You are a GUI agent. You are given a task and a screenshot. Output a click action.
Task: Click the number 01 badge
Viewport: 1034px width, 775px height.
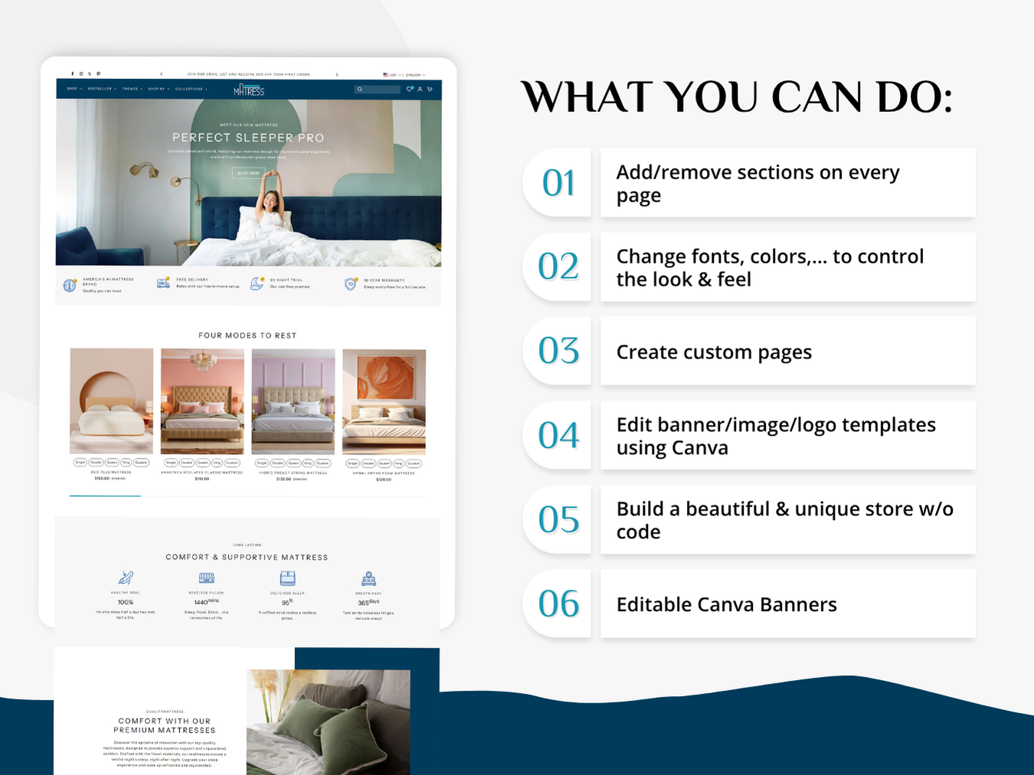pyautogui.click(x=558, y=183)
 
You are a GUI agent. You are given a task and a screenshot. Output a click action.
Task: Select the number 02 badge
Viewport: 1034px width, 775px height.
pyautogui.click(x=558, y=267)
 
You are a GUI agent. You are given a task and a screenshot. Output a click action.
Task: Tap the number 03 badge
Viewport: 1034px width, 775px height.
pyautogui.click(x=558, y=352)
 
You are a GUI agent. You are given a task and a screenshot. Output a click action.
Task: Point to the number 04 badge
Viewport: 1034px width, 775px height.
pyautogui.click(x=558, y=436)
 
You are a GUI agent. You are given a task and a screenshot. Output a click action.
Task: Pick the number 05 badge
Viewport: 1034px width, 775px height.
pyautogui.click(x=558, y=520)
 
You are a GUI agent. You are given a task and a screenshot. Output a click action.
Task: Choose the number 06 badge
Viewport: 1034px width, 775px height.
pyautogui.click(x=558, y=604)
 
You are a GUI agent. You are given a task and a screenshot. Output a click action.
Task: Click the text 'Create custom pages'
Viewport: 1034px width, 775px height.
pyautogui.click(x=714, y=352)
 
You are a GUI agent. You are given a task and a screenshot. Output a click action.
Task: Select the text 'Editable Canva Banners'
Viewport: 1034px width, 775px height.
pyautogui.click(x=726, y=605)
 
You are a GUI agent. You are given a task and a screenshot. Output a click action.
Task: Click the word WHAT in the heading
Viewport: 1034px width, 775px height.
pyautogui.click(x=586, y=98)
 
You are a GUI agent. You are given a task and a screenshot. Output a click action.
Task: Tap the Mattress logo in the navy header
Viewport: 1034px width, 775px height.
pyautogui.click(x=249, y=90)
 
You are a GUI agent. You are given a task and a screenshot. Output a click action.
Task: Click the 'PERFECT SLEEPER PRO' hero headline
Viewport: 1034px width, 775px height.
pyautogui.click(x=248, y=138)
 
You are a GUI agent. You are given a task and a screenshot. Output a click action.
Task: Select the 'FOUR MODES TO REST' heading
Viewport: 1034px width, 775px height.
pyautogui.click(x=247, y=335)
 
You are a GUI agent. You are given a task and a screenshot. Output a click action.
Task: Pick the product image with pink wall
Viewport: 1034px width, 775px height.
pyautogui.click(x=202, y=401)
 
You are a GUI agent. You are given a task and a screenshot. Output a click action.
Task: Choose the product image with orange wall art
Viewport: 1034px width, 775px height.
pyautogui.click(x=384, y=401)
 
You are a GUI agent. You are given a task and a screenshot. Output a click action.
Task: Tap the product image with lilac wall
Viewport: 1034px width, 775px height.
pyautogui.click(x=293, y=401)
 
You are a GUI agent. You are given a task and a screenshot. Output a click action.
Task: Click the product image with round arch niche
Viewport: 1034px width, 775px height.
pyautogui.click(x=112, y=401)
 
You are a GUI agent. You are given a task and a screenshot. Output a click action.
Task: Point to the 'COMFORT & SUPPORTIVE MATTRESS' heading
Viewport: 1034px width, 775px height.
pyautogui.click(x=247, y=558)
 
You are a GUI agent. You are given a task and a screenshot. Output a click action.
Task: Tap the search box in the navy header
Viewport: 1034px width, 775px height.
pyautogui.click(x=378, y=90)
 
